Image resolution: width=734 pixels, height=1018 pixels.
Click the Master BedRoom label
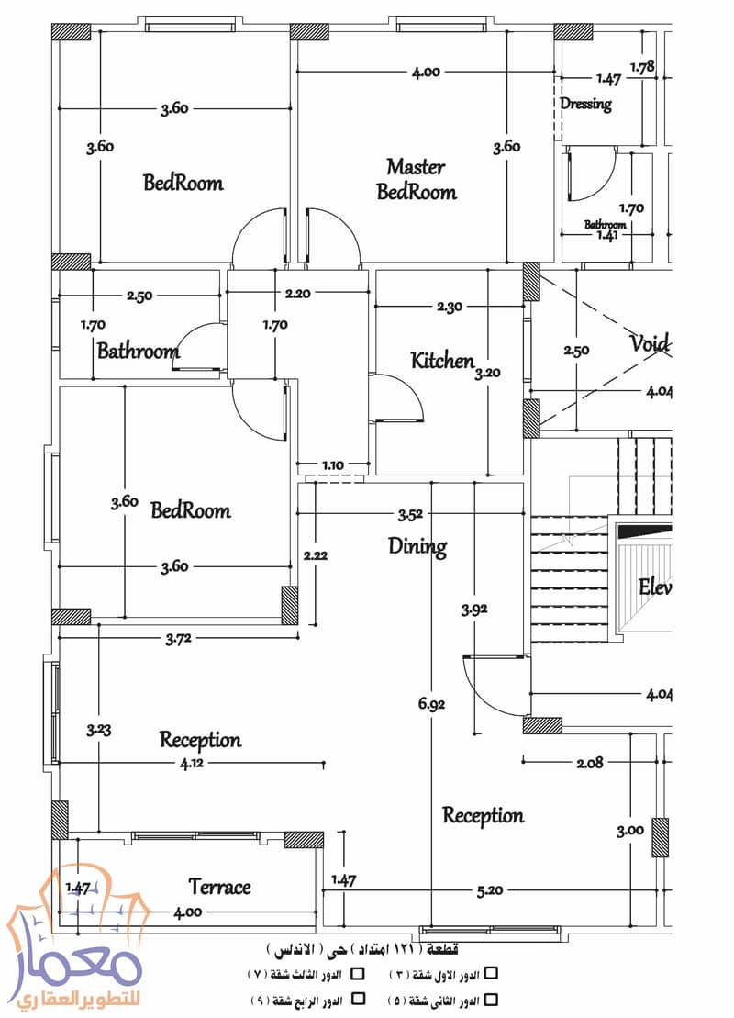tap(416, 179)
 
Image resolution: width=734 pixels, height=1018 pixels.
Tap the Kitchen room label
tap(442, 361)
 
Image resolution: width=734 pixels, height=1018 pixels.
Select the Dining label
tap(417, 547)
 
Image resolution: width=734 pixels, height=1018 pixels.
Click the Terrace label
tap(219, 887)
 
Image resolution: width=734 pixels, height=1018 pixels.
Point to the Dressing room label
tap(586, 104)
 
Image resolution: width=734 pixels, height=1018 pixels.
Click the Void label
tap(650, 342)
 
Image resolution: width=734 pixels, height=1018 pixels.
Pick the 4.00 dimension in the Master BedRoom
tap(426, 73)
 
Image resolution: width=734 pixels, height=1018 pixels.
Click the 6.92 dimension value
tap(431, 704)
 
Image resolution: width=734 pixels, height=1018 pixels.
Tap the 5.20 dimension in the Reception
tap(489, 890)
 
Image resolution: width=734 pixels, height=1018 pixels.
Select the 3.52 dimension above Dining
tap(410, 516)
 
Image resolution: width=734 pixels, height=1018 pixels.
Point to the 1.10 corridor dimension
tap(332, 465)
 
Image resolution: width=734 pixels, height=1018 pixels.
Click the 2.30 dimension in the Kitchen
tap(449, 307)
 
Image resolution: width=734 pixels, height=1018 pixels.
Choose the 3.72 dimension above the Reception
tap(178, 639)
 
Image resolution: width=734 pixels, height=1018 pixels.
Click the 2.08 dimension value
tap(589, 764)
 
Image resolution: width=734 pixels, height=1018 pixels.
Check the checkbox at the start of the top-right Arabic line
tap(491, 973)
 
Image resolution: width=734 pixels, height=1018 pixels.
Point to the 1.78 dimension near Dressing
tap(642, 67)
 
